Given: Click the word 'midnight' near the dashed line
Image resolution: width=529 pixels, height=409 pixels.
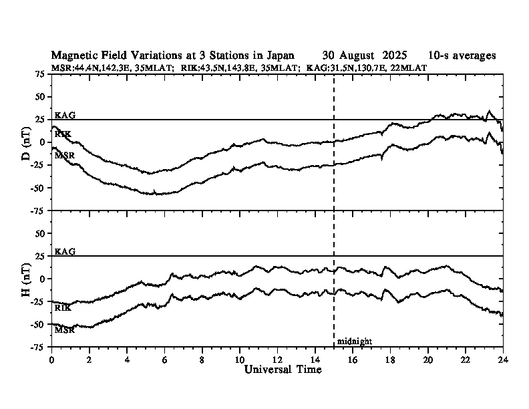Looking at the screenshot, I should click(354, 342).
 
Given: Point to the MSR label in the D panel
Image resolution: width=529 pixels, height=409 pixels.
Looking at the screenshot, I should click(65, 156).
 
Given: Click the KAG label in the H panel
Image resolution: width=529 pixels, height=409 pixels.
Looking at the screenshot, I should click(65, 252).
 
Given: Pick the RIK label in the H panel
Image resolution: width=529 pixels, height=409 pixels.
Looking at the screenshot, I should click(63, 308).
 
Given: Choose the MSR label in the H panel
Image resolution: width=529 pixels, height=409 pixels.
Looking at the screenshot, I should click(65, 330).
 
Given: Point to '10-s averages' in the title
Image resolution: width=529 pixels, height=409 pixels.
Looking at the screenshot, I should click(462, 55).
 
